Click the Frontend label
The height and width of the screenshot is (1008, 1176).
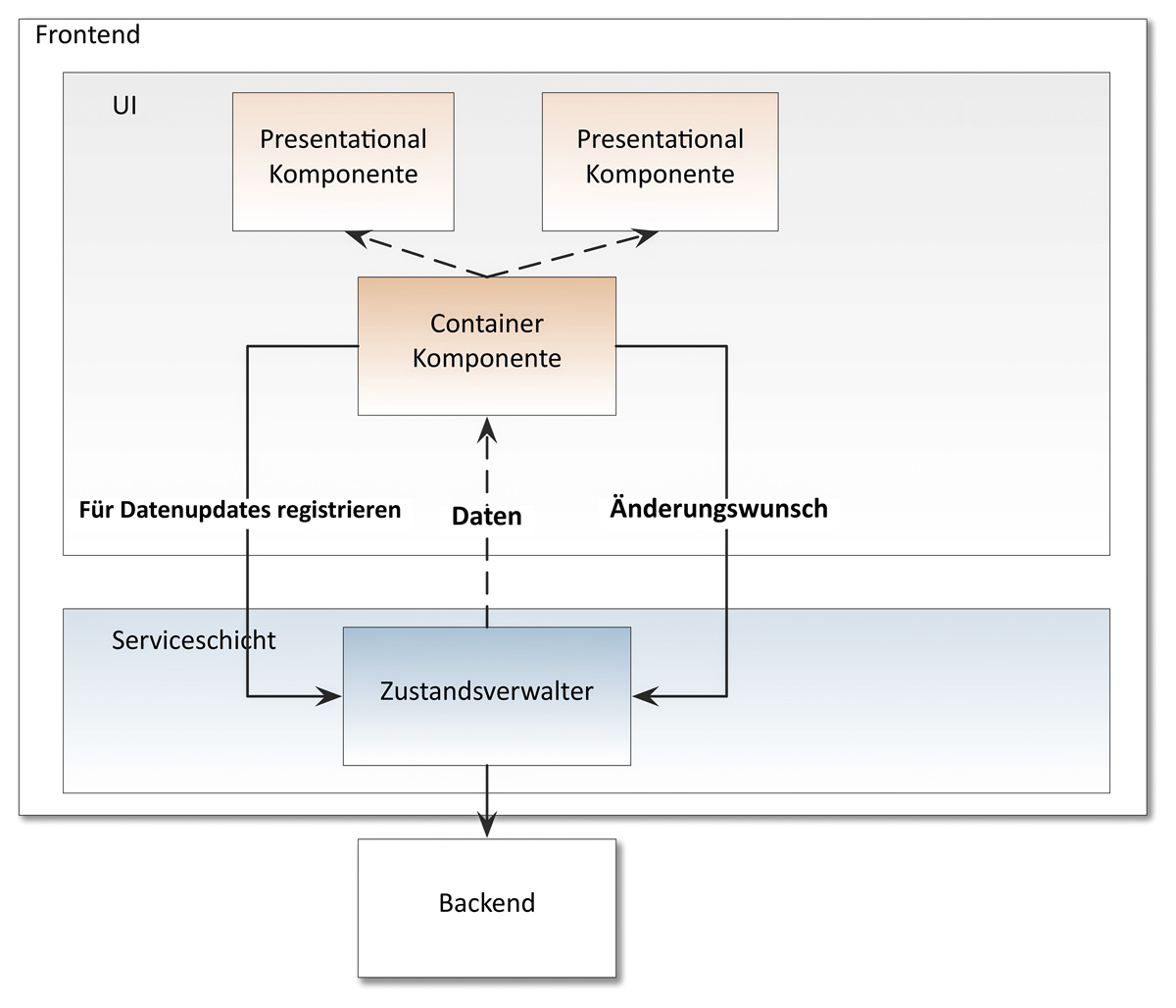pos(87,35)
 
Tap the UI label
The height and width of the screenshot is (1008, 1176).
pos(124,105)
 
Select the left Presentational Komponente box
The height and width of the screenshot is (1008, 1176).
pos(343,162)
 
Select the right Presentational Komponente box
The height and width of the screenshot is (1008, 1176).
pos(660,162)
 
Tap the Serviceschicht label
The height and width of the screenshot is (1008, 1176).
pos(193,640)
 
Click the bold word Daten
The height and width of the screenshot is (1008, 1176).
pos(487,516)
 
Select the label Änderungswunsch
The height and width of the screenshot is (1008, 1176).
pos(718,508)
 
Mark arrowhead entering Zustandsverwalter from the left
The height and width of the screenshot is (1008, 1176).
pos(329,697)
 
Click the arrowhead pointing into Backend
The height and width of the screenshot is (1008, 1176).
pos(487,826)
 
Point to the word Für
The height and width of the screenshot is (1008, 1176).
pos(97,510)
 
